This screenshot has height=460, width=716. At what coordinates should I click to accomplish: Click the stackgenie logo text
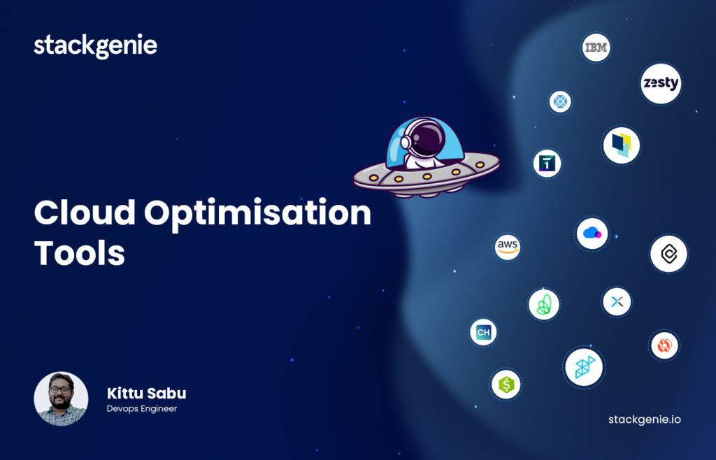coord(95,46)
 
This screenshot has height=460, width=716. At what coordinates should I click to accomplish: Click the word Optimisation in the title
coord(258,213)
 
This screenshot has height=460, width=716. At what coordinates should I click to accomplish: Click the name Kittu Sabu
coord(146,393)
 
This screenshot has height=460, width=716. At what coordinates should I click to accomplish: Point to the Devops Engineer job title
coord(142,409)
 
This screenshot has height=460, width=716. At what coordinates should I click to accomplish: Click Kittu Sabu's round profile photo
coord(61,398)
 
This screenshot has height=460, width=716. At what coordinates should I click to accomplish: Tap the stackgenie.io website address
coord(644,419)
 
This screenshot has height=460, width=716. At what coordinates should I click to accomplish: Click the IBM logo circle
coord(596,48)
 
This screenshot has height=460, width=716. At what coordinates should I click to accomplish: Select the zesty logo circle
coord(661,83)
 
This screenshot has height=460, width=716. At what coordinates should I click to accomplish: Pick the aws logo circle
coord(508,247)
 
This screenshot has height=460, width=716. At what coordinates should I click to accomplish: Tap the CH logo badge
coord(483,332)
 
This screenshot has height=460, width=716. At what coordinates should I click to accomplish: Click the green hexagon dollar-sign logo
coord(506,384)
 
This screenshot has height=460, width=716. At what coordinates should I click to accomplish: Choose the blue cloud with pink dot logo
coord(592,233)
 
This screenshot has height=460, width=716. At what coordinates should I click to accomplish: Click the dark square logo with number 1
coord(547,163)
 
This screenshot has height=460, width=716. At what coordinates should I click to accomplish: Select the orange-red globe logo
coord(664,345)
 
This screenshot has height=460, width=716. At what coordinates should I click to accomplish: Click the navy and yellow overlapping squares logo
coord(621,145)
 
